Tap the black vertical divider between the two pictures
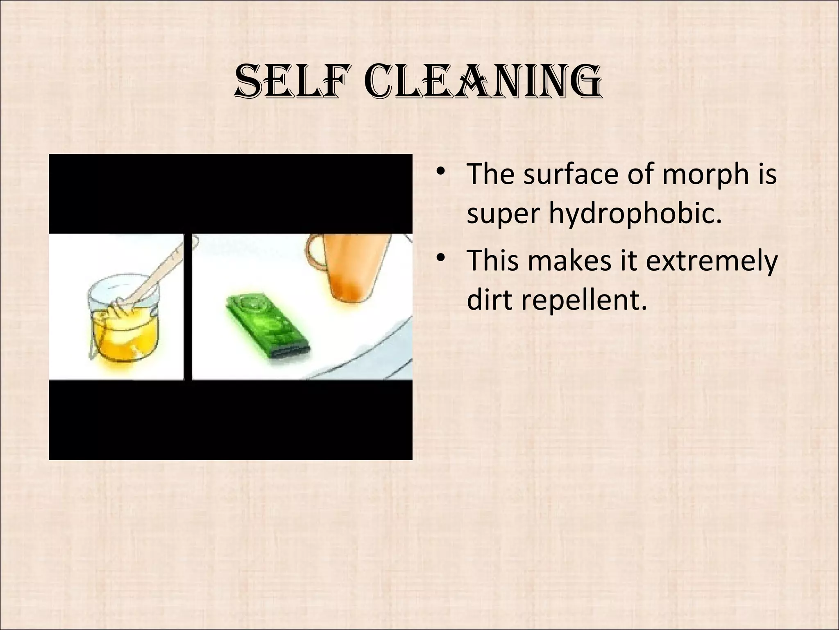click(x=188, y=308)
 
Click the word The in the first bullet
click(x=490, y=174)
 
